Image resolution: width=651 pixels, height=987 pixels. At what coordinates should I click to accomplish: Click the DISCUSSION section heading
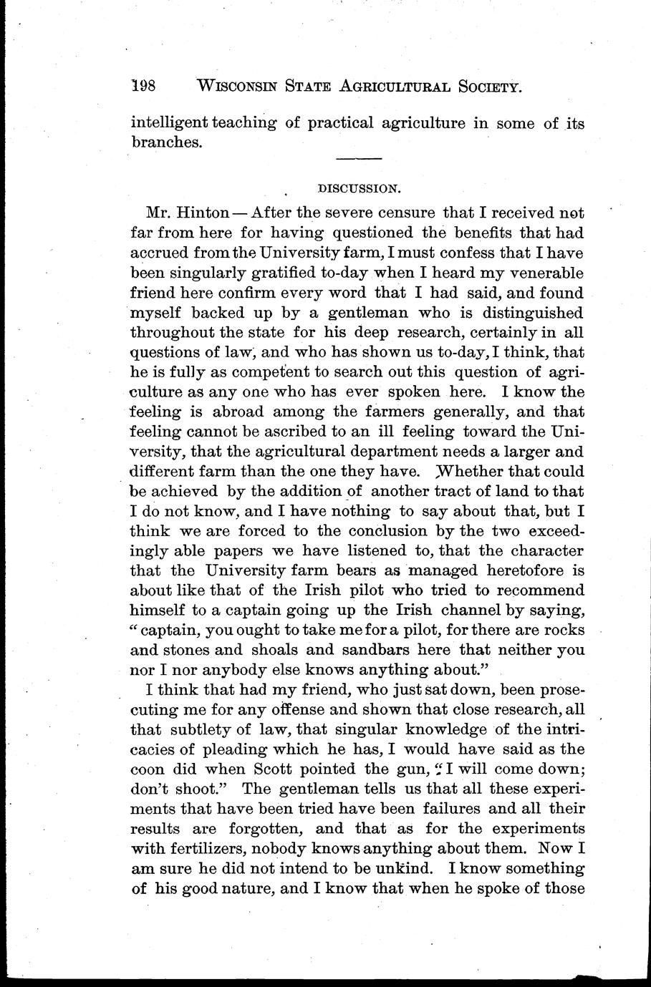[357, 189]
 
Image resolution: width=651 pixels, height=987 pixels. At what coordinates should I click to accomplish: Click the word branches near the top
[166, 142]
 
